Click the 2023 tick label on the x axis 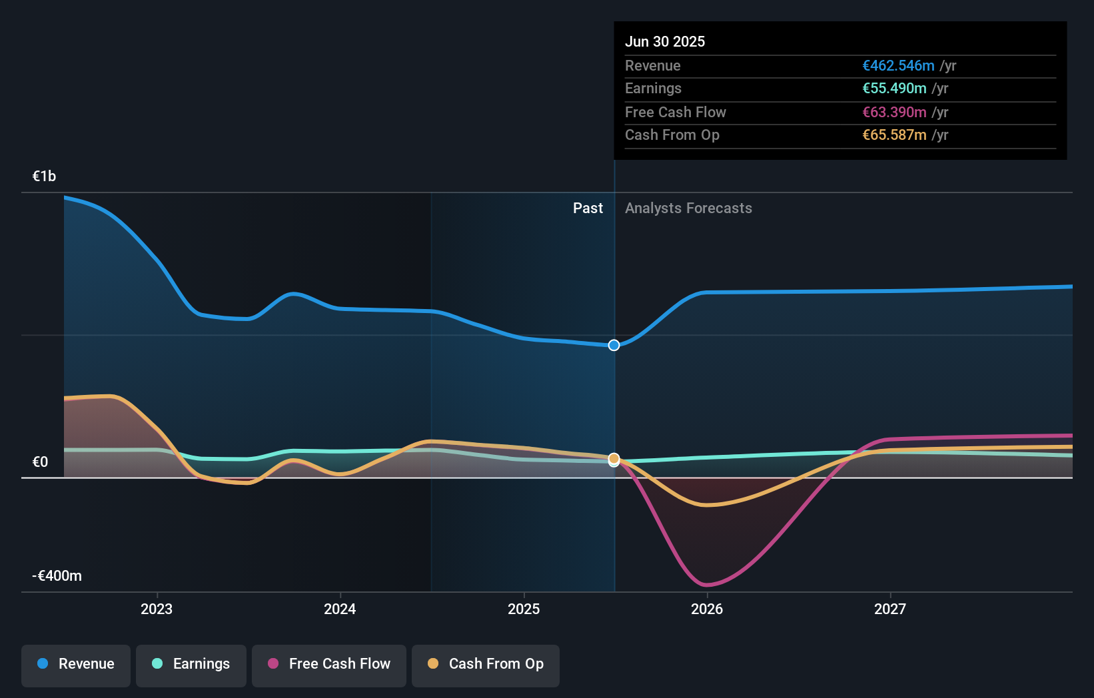(x=157, y=609)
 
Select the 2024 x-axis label (x=340, y=609)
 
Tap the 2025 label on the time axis (x=524, y=609)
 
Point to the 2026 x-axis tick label (x=707, y=609)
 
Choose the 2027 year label (x=890, y=609)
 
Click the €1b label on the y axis (x=44, y=176)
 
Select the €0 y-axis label (x=40, y=462)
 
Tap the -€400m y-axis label (x=57, y=575)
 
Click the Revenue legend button (x=76, y=664)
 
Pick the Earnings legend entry (x=191, y=664)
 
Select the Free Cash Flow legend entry (x=329, y=664)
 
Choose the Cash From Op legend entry (x=486, y=664)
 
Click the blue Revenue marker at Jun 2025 (x=614, y=345)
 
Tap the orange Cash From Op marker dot (x=614, y=458)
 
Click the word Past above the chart (x=588, y=208)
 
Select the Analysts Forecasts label (x=688, y=208)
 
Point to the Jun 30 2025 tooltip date (x=664, y=41)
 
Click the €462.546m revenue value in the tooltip (x=898, y=65)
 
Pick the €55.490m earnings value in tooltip (x=894, y=88)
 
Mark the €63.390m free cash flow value (x=894, y=112)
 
